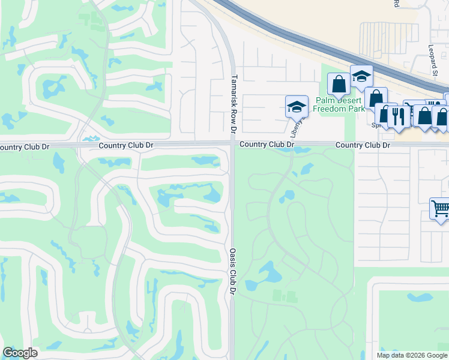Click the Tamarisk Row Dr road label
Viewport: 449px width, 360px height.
click(234, 103)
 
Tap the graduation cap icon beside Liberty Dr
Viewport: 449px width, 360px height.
click(297, 107)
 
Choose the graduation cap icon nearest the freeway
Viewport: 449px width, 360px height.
click(361, 76)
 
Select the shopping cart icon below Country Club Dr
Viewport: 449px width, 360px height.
click(441, 208)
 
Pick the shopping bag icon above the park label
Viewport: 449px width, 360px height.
click(339, 83)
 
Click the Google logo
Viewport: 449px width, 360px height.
click(20, 353)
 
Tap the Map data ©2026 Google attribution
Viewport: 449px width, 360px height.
click(411, 355)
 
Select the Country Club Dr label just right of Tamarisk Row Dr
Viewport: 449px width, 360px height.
click(267, 145)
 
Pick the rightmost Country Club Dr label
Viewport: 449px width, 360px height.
click(363, 145)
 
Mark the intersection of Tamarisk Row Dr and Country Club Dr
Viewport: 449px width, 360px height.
click(232, 144)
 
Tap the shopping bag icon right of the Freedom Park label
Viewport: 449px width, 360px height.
click(376, 97)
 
